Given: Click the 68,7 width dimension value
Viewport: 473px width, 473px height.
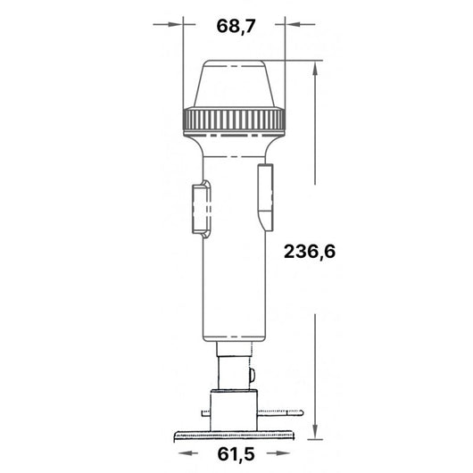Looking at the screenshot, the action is pyautogui.click(x=236, y=26).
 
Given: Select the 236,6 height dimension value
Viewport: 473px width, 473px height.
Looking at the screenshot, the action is pyautogui.click(x=310, y=252).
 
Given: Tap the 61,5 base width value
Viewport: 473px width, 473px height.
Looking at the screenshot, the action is pyautogui.click(x=236, y=454).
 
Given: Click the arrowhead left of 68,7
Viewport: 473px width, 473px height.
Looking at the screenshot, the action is pyautogui.click(x=175, y=24).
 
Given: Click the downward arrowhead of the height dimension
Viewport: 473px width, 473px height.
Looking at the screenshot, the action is pyautogui.click(x=315, y=431).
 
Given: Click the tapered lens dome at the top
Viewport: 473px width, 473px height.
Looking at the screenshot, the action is pyautogui.click(x=234, y=84).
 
